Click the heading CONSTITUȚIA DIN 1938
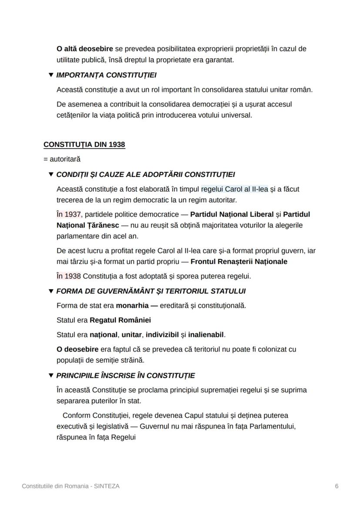84,145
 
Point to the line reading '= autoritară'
62,160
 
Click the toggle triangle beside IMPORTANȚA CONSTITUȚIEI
51,75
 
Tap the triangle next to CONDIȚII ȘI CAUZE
51,175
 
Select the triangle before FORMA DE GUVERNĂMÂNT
51,291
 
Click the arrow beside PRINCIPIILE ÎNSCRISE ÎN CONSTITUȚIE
51,376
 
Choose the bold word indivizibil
162,335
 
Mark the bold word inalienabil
206,335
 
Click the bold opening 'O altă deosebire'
85,49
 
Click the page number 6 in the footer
337,486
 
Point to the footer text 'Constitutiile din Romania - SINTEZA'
71,486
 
